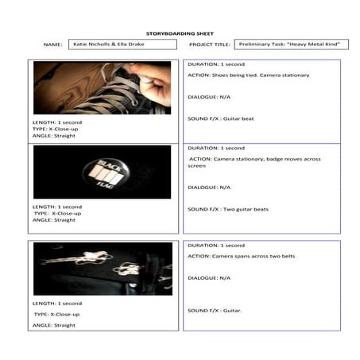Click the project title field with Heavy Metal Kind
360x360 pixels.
pyautogui.click(x=302, y=45)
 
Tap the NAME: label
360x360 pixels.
pyautogui.click(x=52, y=45)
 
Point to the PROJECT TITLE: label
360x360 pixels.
pyautogui.click(x=210, y=45)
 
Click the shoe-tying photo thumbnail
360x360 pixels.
pyautogui.click(x=102, y=87)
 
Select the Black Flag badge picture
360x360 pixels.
pyautogui.click(x=102, y=172)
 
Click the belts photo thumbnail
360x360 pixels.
pyautogui.click(x=102, y=269)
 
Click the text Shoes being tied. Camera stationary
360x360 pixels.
pyautogui.click(x=248, y=75)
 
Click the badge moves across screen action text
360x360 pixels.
pyautogui.click(x=254, y=162)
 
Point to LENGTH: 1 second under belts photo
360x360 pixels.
pyautogui.click(x=57, y=303)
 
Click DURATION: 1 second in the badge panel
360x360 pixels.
pyautogui.click(x=216, y=148)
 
